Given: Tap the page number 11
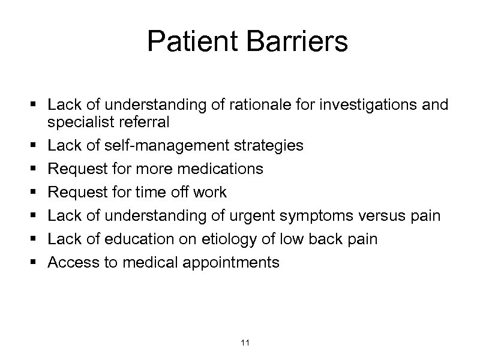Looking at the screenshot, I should [x=244, y=343].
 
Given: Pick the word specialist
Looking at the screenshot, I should [x=76, y=122].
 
